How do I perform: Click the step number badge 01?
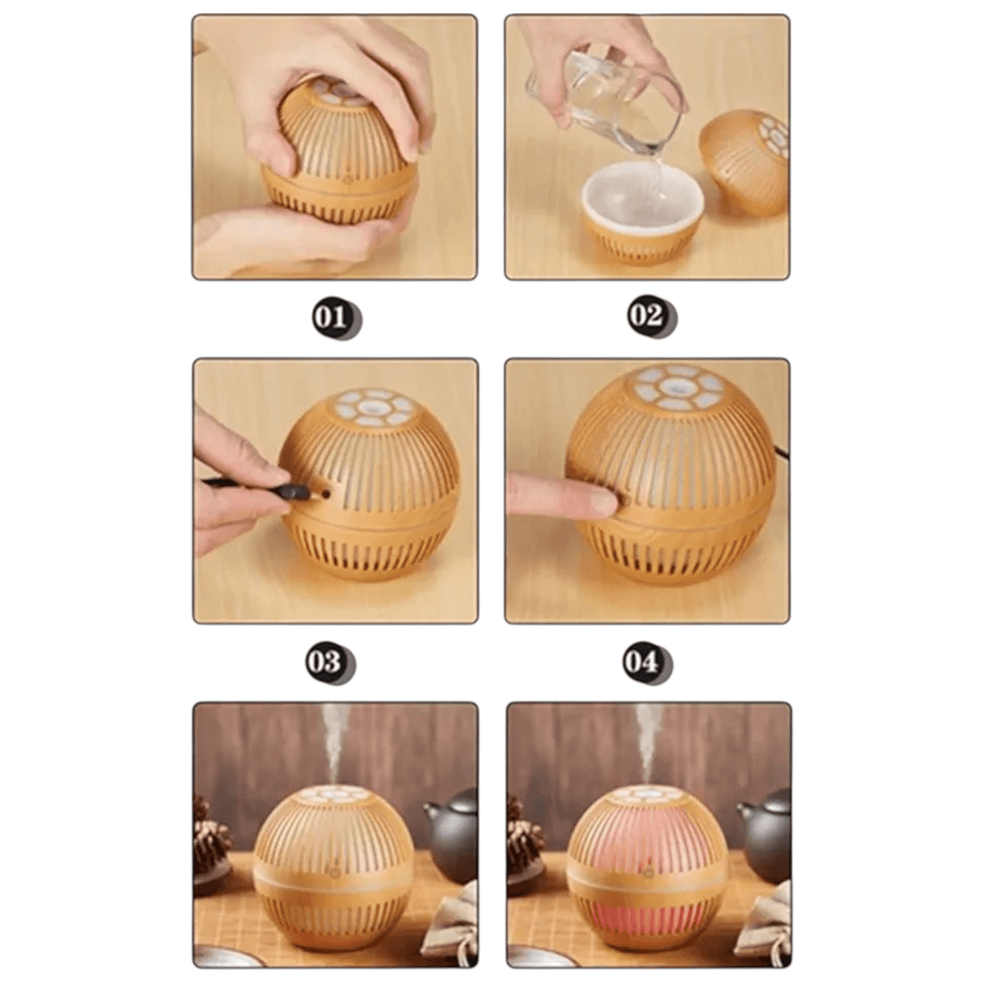[x=337, y=318]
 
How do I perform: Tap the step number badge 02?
[x=652, y=316]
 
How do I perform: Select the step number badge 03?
[x=330, y=663]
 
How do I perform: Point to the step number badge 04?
[x=647, y=663]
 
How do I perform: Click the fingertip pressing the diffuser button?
[x=602, y=501]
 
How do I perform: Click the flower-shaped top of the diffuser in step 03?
[x=374, y=406]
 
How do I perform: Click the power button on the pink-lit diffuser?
[x=647, y=871]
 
